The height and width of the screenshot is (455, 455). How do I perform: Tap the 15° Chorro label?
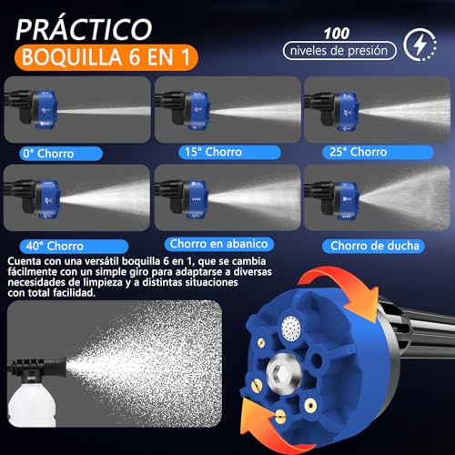(210, 151)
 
